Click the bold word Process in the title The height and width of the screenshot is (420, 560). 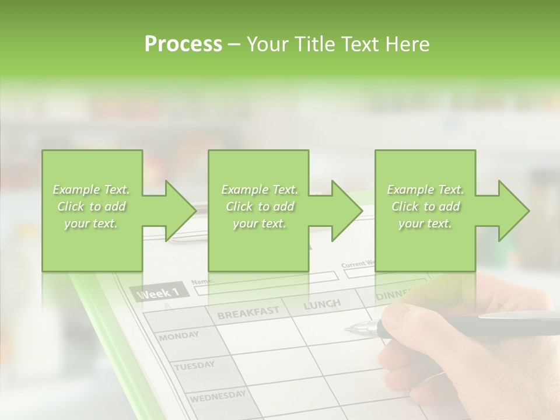183,44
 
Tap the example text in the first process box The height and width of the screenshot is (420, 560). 92,206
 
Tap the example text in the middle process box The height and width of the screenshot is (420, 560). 260,206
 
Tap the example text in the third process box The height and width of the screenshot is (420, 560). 425,206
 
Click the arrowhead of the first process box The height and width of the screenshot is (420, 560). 180,211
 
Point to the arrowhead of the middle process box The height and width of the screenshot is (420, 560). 346,211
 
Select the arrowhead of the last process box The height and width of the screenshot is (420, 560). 513,211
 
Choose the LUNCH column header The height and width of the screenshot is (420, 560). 322,304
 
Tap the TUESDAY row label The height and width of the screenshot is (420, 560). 194,366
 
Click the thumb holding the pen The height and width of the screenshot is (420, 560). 402,318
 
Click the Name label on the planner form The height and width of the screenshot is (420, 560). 203,282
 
